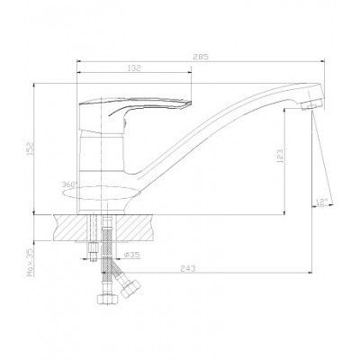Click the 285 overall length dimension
[x=201, y=57]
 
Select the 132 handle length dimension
[x=134, y=68]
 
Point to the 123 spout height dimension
[x=280, y=156]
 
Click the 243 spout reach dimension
[x=188, y=268]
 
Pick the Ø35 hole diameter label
[x=131, y=255]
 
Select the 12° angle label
[x=321, y=202]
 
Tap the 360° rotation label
[x=69, y=184]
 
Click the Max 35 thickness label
[x=31, y=262]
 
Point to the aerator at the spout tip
[x=312, y=105]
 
